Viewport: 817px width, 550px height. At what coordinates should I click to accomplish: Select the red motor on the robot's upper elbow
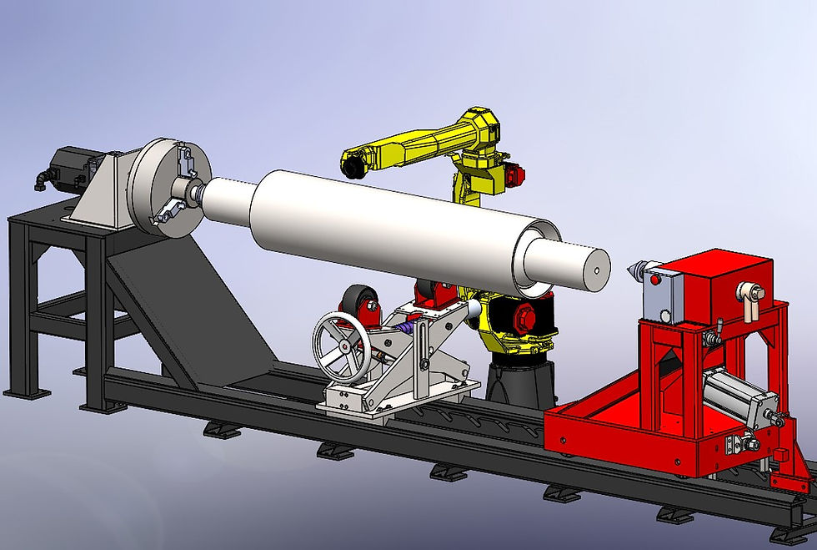coord(515,174)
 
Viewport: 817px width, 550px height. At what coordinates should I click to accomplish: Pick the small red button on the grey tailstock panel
coord(655,280)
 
